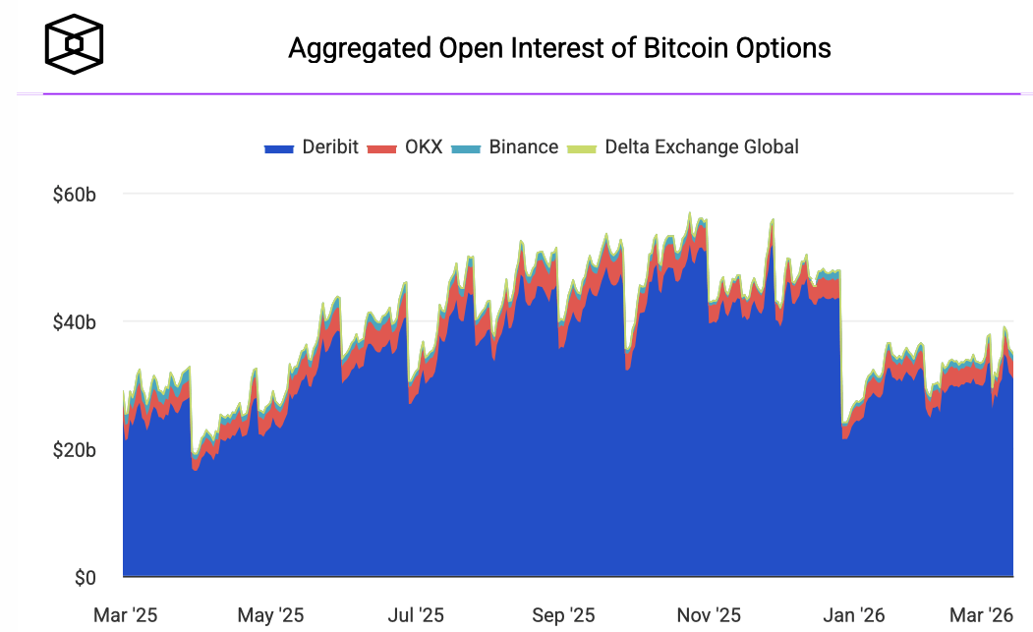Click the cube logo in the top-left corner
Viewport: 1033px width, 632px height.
(74, 44)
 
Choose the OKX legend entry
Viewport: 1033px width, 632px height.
(404, 147)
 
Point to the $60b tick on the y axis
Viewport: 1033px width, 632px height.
(74, 194)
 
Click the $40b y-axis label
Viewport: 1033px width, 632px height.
(74, 321)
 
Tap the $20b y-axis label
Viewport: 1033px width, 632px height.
(74, 450)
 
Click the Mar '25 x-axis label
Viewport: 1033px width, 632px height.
(125, 616)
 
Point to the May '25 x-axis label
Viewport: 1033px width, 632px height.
(270, 616)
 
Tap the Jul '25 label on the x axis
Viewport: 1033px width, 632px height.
(416, 616)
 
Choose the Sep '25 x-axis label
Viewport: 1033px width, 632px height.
(562, 616)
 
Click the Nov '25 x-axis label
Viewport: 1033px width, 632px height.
(709, 616)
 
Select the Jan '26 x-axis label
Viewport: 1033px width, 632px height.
(853, 616)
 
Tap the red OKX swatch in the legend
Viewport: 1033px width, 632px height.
(381, 148)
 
